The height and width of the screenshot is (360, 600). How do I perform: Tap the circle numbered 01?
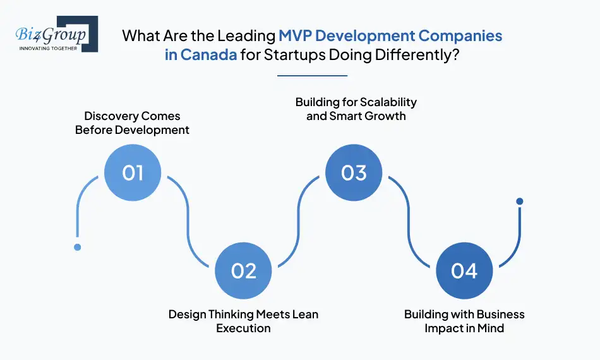133,172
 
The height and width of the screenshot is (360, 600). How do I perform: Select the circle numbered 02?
243,270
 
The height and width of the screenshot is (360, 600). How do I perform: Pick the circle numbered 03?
354,172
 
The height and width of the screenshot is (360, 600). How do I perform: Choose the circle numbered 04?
464,270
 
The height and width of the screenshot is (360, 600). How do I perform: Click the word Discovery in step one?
110,116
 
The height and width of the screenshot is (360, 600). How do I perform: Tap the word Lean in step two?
304,315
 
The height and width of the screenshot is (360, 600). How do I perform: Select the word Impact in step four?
446,328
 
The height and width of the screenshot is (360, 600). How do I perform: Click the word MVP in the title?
295,35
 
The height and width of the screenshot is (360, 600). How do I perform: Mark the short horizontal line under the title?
313,76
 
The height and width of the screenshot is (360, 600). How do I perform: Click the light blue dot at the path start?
77,247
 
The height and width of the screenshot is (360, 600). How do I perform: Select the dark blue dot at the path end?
520,201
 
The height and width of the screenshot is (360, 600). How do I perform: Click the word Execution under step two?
243,328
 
